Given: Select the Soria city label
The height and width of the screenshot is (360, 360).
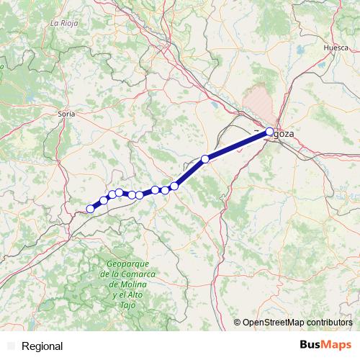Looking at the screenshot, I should coord(67,113).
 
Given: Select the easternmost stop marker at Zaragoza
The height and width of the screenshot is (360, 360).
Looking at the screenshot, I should coord(269,132).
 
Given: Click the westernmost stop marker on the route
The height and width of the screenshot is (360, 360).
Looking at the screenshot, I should coord(90,209).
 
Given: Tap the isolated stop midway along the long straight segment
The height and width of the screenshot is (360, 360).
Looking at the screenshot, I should coord(205,158).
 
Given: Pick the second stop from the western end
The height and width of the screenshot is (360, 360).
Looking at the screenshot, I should coord(104,200).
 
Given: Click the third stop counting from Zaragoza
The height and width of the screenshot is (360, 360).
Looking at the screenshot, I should coord(174,186).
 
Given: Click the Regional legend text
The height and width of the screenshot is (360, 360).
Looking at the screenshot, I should coord(42,346).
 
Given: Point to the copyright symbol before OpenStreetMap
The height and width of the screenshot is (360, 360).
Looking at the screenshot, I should coord(237,323).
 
